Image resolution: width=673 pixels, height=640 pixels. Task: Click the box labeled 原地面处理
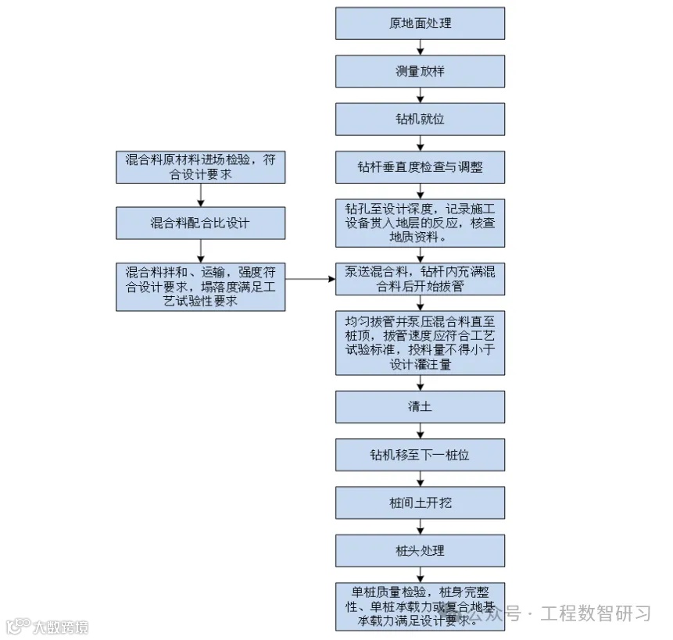420,23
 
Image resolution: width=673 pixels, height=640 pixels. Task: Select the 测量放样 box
420,71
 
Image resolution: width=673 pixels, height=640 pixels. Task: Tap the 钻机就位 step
420,120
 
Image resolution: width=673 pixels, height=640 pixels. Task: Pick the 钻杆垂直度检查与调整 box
420,167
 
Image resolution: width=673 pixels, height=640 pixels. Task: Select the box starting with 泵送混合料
420,279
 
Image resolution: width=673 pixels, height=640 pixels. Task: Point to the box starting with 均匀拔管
420,342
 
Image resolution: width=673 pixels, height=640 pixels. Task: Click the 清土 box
420,407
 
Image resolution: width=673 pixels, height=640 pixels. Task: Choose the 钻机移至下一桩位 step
420,455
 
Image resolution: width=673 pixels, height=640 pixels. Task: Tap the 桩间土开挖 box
420,502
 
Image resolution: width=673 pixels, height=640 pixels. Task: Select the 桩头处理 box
420,550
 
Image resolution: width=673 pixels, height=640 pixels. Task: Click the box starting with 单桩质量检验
420,606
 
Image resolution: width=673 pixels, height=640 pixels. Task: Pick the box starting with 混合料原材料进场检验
200,167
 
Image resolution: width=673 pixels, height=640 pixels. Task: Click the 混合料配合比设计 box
200,223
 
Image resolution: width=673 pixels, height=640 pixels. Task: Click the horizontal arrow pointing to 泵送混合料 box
310,279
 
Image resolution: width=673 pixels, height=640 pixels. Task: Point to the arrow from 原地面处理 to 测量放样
421,47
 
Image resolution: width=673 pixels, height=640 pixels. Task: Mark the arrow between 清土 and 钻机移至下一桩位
421,431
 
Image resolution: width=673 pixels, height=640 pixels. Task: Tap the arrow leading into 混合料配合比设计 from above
201,195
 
